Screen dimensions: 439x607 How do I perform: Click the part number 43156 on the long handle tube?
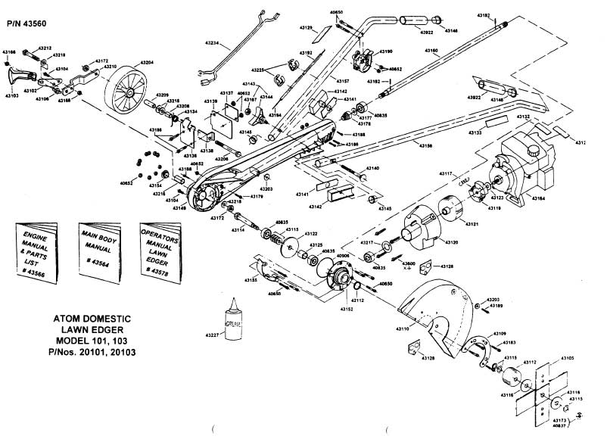tap(425, 145)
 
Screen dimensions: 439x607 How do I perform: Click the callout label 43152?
tap(347, 310)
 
